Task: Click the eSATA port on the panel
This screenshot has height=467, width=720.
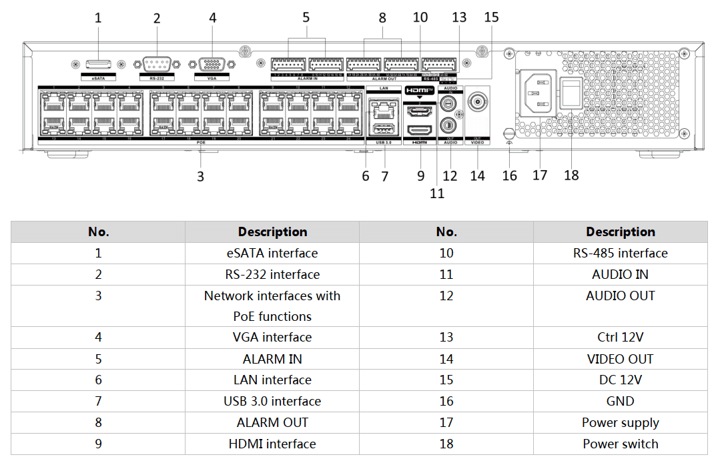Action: tap(98, 64)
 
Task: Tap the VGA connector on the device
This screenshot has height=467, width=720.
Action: tap(212, 65)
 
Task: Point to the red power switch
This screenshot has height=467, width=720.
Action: tap(569, 94)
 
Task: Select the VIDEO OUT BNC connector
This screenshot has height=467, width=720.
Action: tap(477, 102)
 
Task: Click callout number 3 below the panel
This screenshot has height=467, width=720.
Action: tap(200, 177)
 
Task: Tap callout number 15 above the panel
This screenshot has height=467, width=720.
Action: tap(491, 17)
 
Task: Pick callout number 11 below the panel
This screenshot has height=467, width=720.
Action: tap(437, 193)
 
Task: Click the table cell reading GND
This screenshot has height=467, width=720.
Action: tap(620, 401)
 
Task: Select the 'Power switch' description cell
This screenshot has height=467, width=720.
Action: tap(620, 444)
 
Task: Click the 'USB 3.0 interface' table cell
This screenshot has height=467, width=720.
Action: tap(272, 401)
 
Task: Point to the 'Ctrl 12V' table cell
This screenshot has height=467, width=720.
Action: tap(620, 337)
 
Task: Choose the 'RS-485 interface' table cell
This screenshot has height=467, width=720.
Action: tap(620, 253)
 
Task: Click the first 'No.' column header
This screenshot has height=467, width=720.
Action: tap(98, 231)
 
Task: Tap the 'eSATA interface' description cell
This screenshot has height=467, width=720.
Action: tap(272, 253)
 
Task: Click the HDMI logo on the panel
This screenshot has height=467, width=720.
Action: tap(420, 89)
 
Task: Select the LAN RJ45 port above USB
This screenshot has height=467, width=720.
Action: tap(384, 106)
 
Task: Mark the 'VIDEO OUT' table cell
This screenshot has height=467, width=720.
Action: tap(620, 359)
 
